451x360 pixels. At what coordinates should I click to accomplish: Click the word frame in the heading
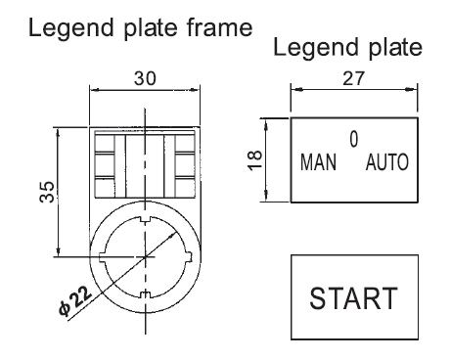click(220, 27)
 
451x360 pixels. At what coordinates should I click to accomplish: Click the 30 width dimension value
click(145, 78)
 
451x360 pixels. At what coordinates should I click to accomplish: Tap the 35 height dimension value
click(47, 192)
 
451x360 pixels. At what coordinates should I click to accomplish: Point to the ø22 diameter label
click(75, 301)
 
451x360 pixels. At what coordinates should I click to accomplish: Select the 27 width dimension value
click(354, 78)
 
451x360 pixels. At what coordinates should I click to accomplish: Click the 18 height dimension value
click(254, 160)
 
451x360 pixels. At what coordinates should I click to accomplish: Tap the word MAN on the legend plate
click(318, 162)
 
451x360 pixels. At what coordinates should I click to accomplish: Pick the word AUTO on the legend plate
click(387, 162)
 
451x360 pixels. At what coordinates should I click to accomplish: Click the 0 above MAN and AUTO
click(354, 139)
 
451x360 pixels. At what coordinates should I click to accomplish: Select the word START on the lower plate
click(354, 298)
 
